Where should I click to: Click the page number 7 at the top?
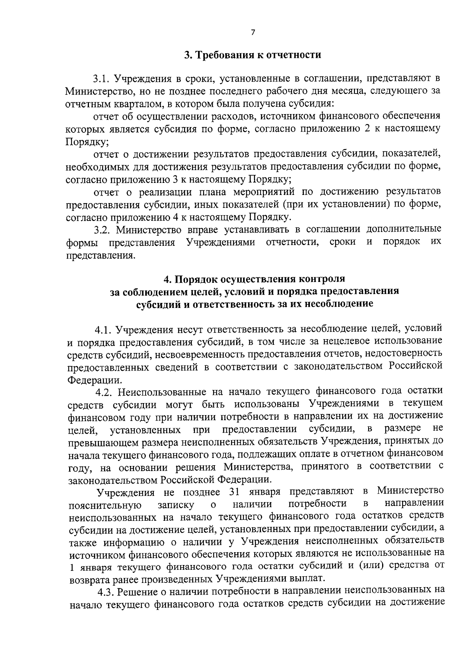pyautogui.click(x=253, y=33)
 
